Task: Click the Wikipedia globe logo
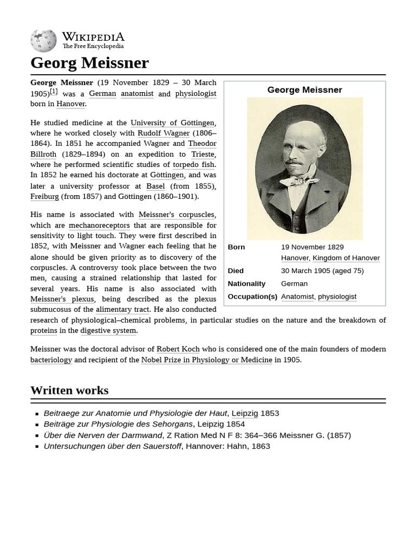[x=43, y=41]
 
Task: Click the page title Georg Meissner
[x=89, y=63]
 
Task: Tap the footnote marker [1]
[x=54, y=92]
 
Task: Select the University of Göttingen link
[x=172, y=123]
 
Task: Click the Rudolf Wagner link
[x=163, y=133]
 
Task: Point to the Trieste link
[x=203, y=154]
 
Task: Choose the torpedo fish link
[x=193, y=165]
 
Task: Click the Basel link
[x=155, y=186]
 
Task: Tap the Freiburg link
[x=44, y=197]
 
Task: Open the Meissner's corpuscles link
[x=176, y=215]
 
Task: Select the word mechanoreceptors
[x=99, y=225]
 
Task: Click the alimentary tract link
[x=122, y=309]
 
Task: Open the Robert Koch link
[x=178, y=349]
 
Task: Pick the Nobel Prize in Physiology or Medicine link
[x=206, y=360]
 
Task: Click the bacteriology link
[x=51, y=360]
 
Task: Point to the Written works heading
[x=69, y=390]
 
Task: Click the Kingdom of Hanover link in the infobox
[x=346, y=258]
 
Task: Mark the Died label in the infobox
[x=236, y=270]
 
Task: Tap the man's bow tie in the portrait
[x=299, y=180]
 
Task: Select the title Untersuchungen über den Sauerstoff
[x=113, y=446]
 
